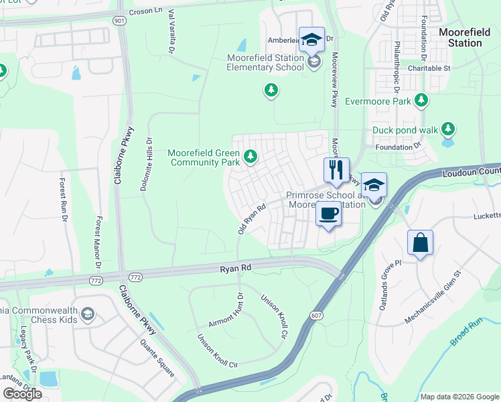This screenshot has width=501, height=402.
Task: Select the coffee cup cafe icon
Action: pos(328,214)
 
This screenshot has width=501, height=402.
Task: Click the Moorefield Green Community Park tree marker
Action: pos(250,156)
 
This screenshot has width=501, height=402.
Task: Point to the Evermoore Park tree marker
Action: pos(421,101)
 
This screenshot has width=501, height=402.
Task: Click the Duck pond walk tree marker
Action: pos(448,129)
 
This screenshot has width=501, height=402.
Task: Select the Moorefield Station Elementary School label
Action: pos(265,62)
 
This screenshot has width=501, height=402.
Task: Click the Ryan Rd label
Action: pos(235,267)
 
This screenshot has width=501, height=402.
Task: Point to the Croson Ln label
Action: pos(147,11)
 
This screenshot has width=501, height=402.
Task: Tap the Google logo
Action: pos(22,393)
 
